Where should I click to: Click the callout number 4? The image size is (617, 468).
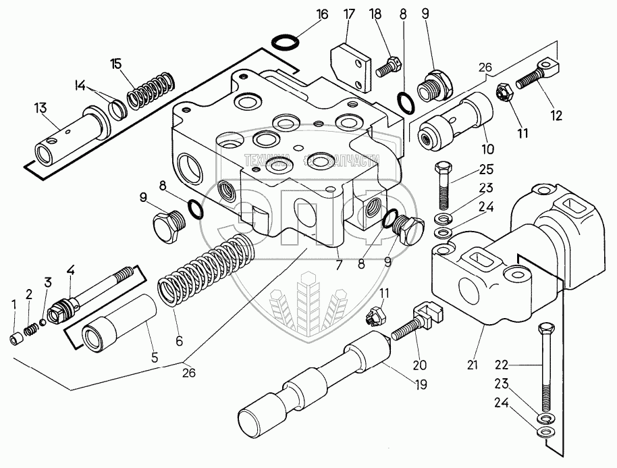[70, 271]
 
